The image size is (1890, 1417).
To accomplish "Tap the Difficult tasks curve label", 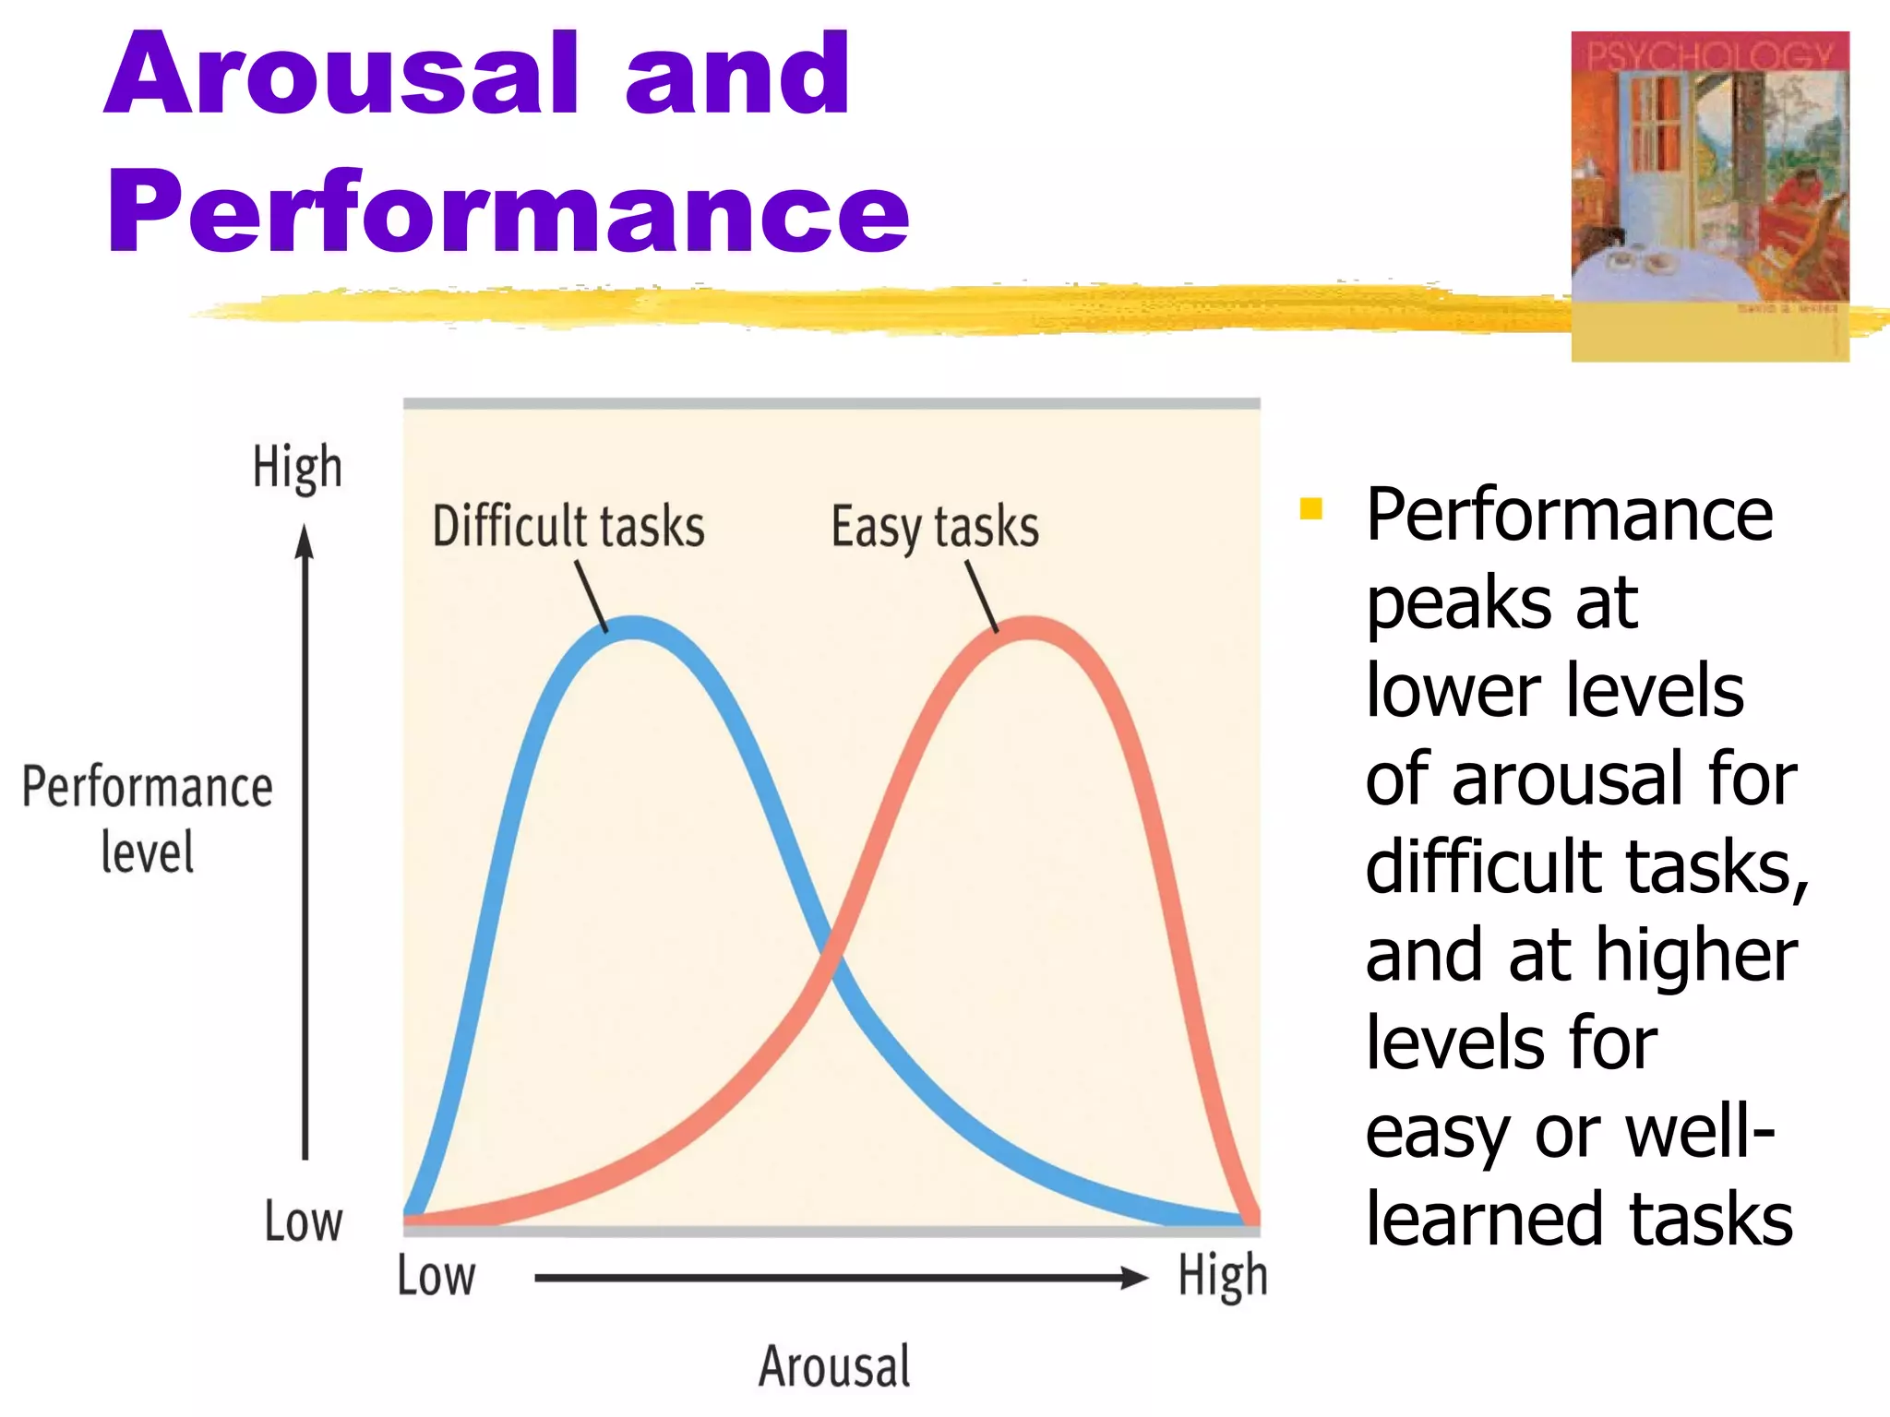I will (x=568, y=527).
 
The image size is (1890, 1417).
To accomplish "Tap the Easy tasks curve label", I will (x=935, y=528).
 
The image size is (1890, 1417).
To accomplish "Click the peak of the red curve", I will (x=1028, y=627).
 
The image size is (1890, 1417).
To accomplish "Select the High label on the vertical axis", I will (x=297, y=467).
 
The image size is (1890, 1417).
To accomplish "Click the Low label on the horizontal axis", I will (x=437, y=1277).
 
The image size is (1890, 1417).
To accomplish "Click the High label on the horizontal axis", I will (x=1223, y=1277).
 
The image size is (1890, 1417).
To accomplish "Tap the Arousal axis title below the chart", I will (x=834, y=1366).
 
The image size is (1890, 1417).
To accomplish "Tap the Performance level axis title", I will (x=148, y=818).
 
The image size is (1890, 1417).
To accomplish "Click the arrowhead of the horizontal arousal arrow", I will (x=1136, y=1278).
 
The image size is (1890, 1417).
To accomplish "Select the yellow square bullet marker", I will (x=1310, y=509).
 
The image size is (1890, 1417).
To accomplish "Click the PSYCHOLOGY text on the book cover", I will (x=1709, y=56).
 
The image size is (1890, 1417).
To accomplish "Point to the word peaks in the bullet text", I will (x=1459, y=604).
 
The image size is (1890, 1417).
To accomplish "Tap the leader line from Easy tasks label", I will (x=982, y=596).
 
